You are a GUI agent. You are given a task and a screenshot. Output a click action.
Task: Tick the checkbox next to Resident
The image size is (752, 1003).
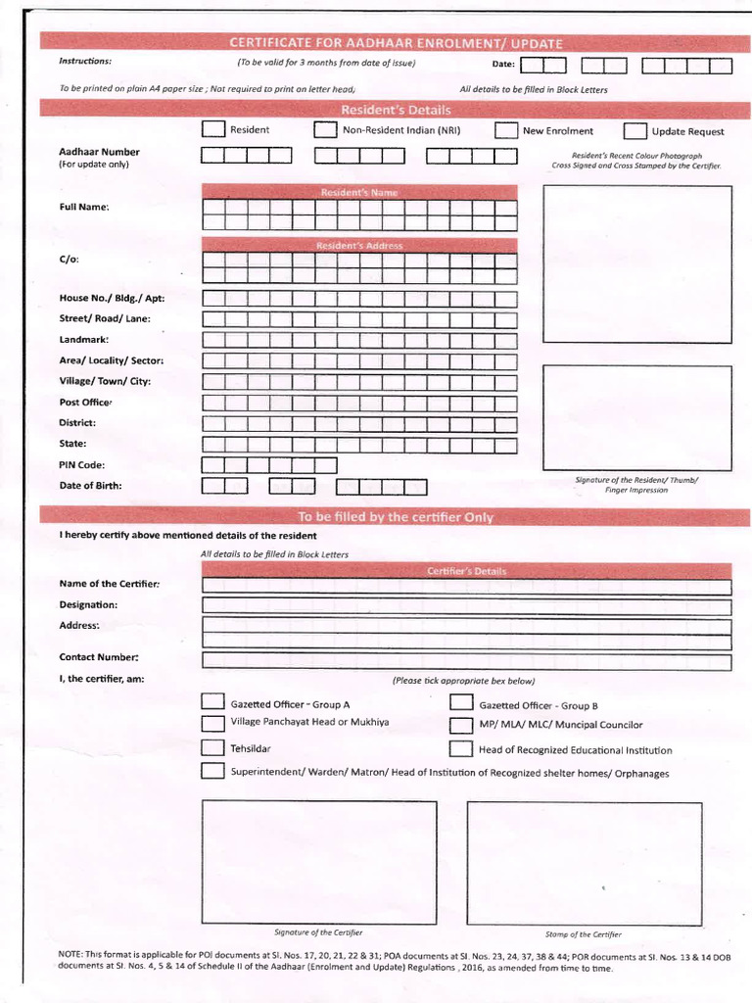pyautogui.click(x=212, y=130)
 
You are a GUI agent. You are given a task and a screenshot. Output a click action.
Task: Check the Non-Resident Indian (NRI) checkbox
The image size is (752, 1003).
pyautogui.click(x=325, y=130)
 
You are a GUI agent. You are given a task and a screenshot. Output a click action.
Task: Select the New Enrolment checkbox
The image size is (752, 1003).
pyautogui.click(x=505, y=131)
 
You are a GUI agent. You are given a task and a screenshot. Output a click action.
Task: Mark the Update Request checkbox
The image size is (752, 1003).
pyautogui.click(x=635, y=131)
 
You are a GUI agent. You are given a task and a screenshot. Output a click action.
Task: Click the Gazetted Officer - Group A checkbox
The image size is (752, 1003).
pyautogui.click(x=212, y=701)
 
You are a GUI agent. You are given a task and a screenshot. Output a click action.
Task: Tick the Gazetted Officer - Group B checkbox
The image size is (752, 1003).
pyautogui.click(x=461, y=702)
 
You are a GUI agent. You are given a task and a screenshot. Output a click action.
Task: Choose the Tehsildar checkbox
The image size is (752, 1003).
pyautogui.click(x=212, y=747)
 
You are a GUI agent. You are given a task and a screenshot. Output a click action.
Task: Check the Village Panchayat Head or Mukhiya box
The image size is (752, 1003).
pyautogui.click(x=212, y=724)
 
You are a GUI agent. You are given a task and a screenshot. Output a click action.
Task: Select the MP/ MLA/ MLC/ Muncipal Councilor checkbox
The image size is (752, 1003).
pyautogui.click(x=461, y=725)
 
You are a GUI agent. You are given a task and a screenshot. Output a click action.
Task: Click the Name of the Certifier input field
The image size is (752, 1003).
pyautogui.click(x=466, y=587)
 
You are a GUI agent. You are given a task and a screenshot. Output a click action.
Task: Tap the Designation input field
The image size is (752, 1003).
pyautogui.click(x=466, y=606)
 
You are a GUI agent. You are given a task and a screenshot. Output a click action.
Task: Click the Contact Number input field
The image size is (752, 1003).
pyautogui.click(x=466, y=662)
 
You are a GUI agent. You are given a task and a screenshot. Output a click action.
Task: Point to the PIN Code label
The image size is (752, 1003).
pyautogui.click(x=82, y=465)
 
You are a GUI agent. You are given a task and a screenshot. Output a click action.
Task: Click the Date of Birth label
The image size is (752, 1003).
pyautogui.click(x=91, y=486)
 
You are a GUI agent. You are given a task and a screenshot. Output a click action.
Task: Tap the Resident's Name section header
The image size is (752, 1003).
pyautogui.click(x=358, y=192)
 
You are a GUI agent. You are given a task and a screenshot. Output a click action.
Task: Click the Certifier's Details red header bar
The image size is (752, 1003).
pyautogui.click(x=466, y=570)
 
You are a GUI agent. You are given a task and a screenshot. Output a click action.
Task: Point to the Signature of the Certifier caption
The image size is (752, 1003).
pyautogui.click(x=318, y=932)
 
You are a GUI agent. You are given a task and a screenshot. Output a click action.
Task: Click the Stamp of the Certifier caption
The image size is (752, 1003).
pyautogui.click(x=583, y=933)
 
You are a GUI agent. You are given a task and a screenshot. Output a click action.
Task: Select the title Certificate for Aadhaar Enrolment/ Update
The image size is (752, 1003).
pyautogui.click(x=396, y=42)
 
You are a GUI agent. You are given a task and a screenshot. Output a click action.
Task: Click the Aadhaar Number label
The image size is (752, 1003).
pyautogui.click(x=99, y=152)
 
